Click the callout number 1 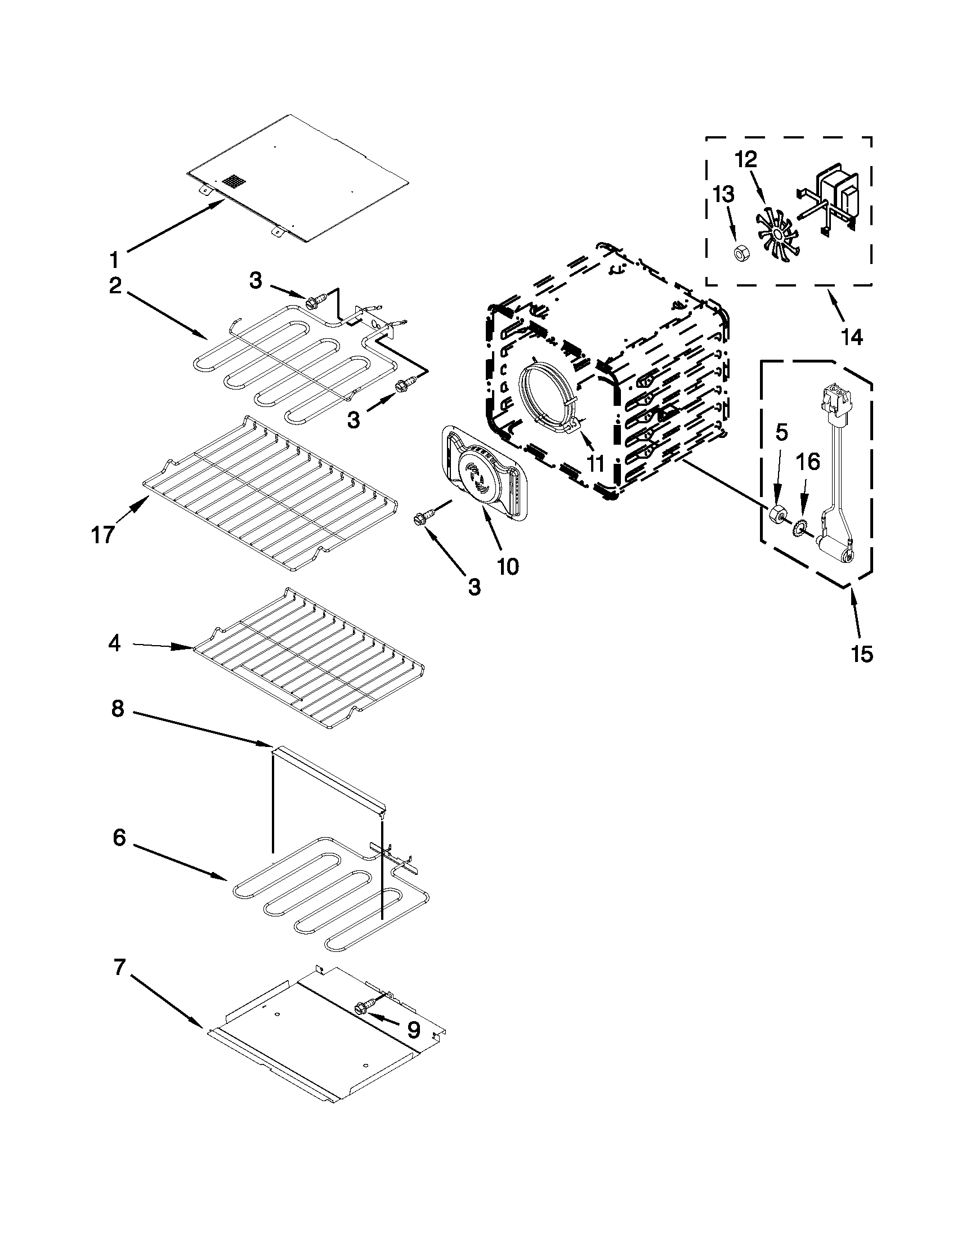coord(114,261)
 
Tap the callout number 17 coord(102,534)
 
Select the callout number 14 coord(852,337)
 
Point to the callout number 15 coord(861,654)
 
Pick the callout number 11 coord(595,463)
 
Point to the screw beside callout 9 coord(363,1007)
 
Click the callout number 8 coord(117,709)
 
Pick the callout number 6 coord(119,837)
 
